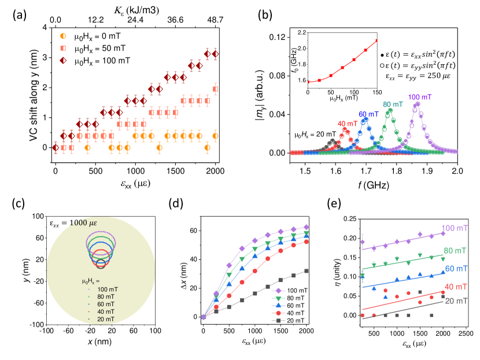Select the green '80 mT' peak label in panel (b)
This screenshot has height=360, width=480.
[x=389, y=104]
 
